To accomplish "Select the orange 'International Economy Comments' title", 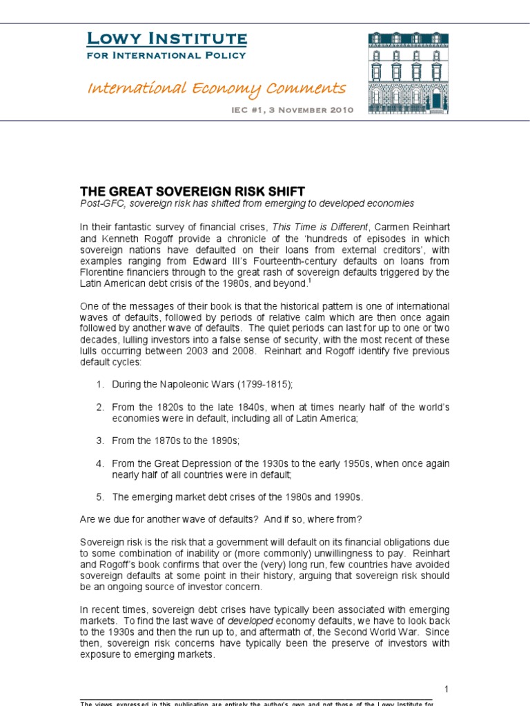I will tap(216, 88).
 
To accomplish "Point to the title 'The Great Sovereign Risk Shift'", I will tap(193, 191).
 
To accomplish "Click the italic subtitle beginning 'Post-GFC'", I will tap(247, 203).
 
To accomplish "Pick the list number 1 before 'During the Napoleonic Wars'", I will tap(99, 383).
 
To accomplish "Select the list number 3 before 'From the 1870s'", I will tap(99, 440).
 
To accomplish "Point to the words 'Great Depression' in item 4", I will tap(188, 464).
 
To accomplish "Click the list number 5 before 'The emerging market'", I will tap(99, 497).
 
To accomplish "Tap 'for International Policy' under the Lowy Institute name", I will tap(166, 54).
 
